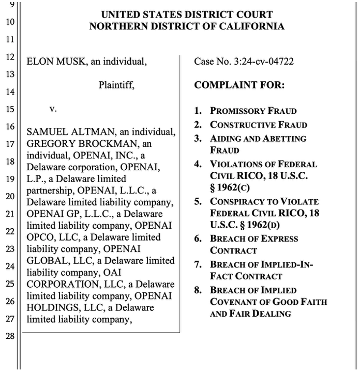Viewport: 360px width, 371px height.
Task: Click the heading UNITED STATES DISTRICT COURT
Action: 186,14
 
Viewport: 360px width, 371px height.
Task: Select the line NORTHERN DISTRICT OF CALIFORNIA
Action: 186,26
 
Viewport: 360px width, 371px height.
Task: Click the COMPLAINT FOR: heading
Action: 239,85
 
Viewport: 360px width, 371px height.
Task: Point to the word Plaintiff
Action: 116,85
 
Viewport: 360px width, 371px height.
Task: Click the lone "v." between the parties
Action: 52,110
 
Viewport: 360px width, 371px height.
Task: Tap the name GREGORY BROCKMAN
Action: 83,144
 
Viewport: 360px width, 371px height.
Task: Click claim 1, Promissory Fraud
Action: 253,111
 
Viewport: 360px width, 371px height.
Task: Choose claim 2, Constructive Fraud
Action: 258,125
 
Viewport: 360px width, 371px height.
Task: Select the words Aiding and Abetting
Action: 258,139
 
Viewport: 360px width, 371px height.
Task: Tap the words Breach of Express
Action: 254,239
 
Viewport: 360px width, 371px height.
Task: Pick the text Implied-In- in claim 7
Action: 287,264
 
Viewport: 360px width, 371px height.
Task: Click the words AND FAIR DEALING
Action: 250,314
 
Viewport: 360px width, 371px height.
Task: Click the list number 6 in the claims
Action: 198,239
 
